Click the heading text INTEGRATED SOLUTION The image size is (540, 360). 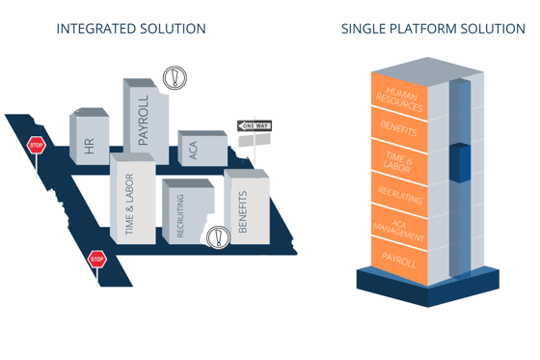point(131,29)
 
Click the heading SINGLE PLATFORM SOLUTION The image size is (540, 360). point(433,29)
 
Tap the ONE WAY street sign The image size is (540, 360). point(255,126)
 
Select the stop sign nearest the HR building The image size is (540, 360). point(37,146)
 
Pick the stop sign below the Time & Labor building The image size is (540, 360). point(96,259)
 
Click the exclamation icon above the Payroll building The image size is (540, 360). point(174,77)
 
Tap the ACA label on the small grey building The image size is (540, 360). point(194,151)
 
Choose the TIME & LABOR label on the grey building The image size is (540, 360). point(130,205)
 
